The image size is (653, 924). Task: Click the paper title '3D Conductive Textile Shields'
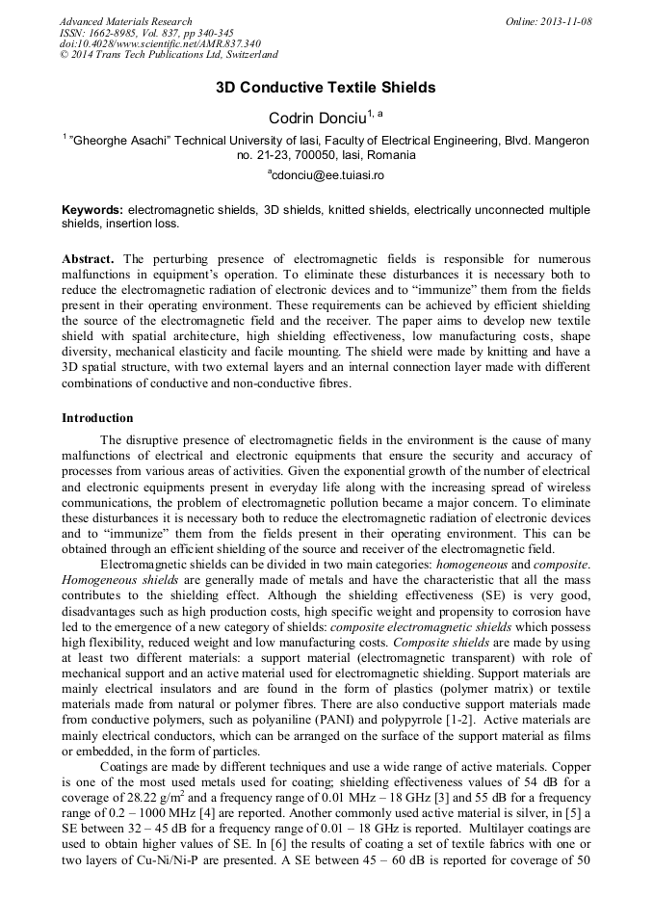326,88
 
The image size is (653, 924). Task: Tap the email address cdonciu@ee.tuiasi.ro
326,175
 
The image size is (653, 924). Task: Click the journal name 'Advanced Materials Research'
125,21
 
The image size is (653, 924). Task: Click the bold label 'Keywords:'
92,209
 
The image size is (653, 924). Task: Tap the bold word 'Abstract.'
89,260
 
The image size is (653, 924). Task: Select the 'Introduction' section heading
97,418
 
